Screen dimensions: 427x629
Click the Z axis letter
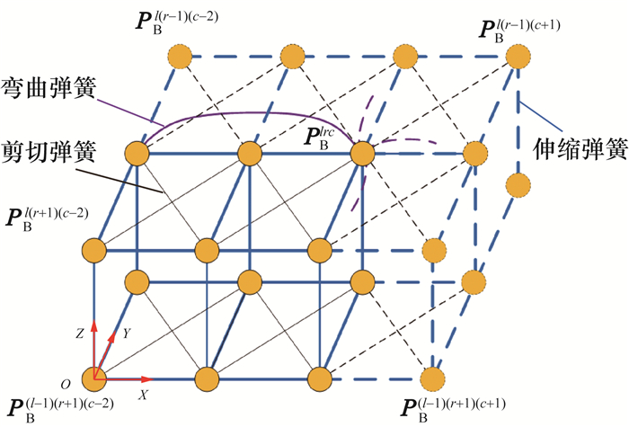(80, 333)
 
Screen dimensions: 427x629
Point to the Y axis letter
(127, 334)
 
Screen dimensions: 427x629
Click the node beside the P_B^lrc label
(362, 154)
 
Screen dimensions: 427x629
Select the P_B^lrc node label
(327, 136)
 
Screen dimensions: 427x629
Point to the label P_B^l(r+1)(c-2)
(47, 216)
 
